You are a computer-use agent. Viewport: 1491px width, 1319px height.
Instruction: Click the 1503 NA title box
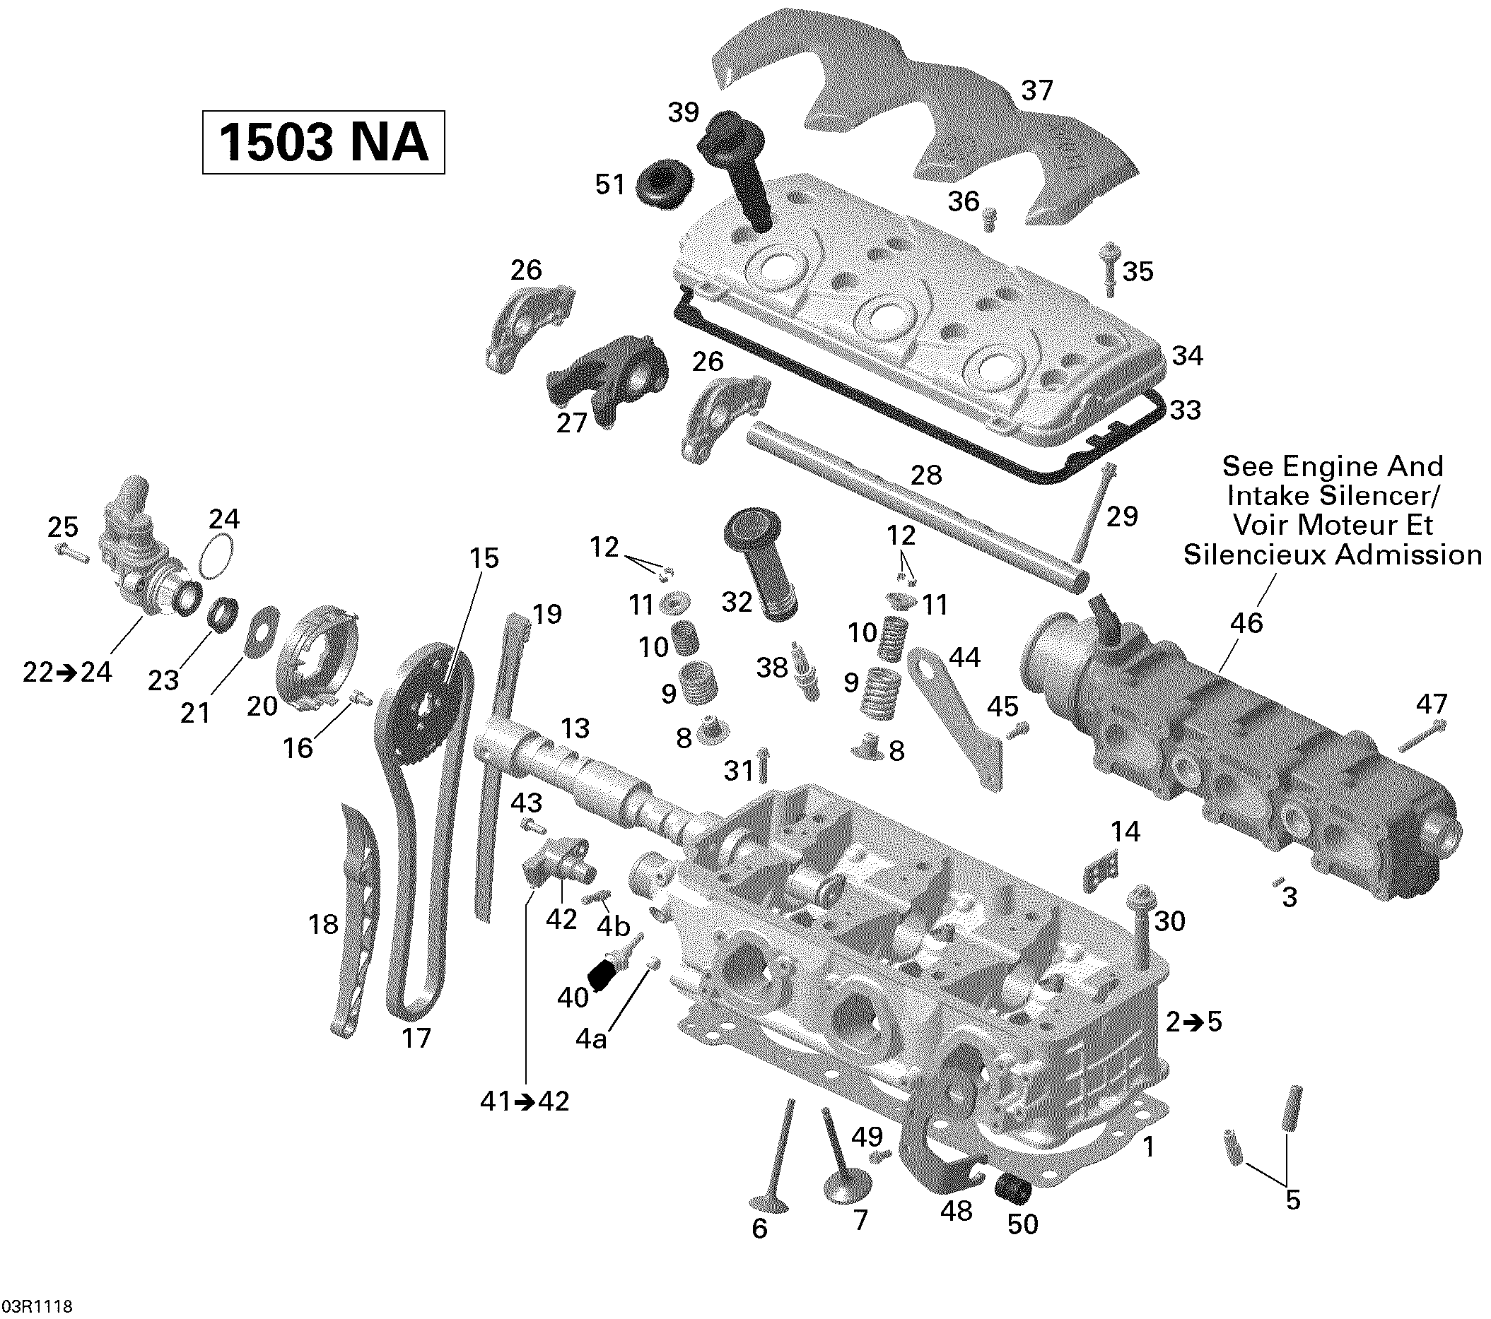click(323, 142)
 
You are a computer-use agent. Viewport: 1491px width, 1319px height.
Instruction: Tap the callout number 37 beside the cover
click(1036, 91)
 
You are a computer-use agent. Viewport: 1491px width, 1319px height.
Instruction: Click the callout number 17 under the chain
click(416, 1039)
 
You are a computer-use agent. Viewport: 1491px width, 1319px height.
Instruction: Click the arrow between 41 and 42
click(525, 1101)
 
